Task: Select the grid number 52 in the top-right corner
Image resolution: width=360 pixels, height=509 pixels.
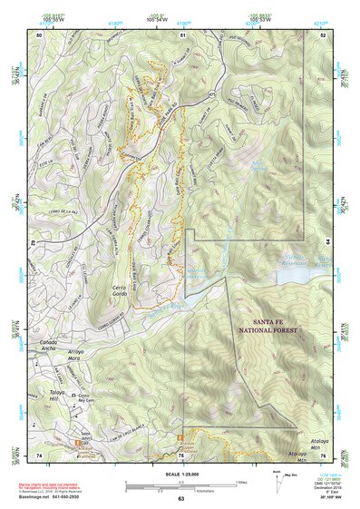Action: (x=324, y=34)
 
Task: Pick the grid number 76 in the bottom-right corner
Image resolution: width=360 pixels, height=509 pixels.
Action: (x=324, y=455)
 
